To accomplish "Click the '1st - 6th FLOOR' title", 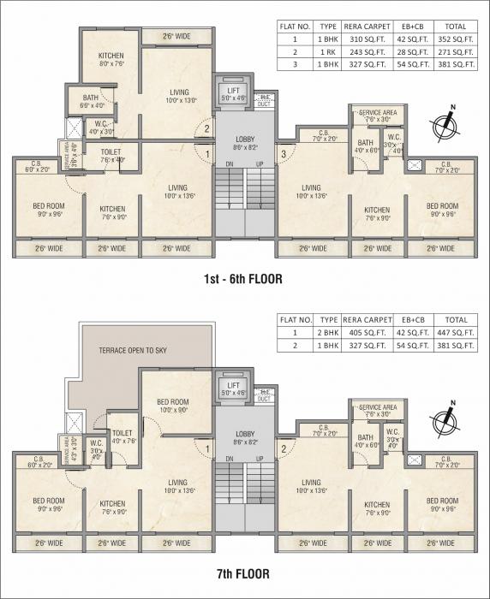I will [243, 278].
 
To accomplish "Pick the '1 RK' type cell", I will [328, 51].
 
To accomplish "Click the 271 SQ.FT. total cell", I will [455, 51].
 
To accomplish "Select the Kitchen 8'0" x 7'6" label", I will [112, 58].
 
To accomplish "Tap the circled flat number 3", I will [283, 154].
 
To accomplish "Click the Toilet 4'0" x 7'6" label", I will [122, 437].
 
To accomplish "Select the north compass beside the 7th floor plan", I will [446, 418].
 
